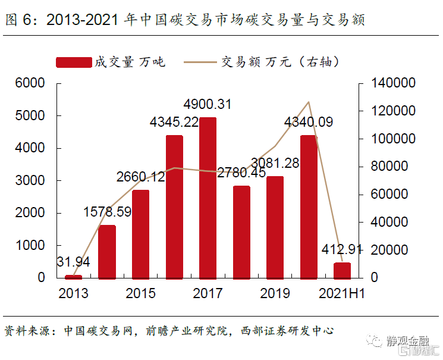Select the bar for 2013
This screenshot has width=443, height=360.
73,276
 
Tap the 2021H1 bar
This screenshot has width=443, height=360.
342,270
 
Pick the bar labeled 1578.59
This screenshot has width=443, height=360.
107,252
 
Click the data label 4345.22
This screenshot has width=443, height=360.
174,123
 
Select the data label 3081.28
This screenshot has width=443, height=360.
275,162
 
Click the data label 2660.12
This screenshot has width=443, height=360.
141,177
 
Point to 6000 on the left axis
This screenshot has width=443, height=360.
33,83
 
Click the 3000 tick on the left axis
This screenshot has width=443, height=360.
33,180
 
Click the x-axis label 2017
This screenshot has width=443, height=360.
208,293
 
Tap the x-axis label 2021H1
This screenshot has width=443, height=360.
343,293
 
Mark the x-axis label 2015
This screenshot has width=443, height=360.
141,293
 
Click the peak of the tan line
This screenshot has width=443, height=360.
309,102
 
